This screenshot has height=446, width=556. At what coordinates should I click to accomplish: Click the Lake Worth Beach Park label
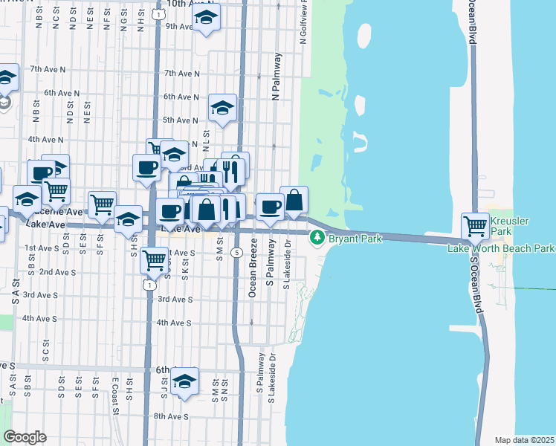coord(501,248)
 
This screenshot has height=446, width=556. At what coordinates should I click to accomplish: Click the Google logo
coord(25,437)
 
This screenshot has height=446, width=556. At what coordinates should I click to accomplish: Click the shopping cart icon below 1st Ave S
coord(153,260)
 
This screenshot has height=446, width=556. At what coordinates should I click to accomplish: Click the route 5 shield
coord(236,253)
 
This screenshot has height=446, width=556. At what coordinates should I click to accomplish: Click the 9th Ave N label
coord(179,26)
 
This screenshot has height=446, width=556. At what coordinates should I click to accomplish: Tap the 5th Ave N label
coord(180,120)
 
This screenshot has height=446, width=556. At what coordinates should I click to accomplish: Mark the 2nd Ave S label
coord(56,272)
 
